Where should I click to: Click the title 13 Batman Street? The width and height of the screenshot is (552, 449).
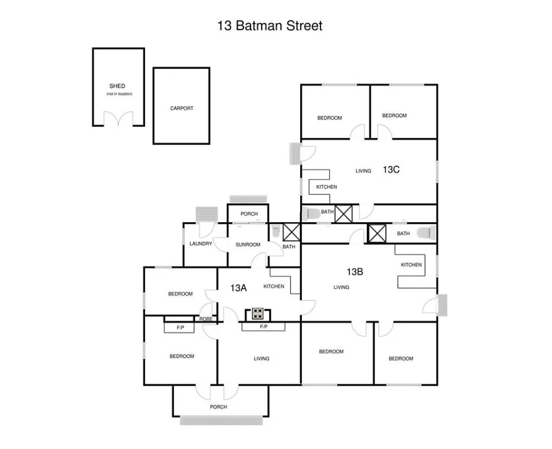pyautogui.click(x=270, y=26)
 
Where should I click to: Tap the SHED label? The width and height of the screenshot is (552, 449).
pyautogui.click(x=117, y=86)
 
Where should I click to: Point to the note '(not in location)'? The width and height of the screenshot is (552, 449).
pyautogui.click(x=119, y=93)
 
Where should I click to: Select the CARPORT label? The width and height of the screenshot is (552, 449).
pyautogui.click(x=182, y=108)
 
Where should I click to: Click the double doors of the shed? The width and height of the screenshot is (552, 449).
pyautogui.click(x=118, y=119)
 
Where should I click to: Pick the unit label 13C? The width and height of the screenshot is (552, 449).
pyautogui.click(x=391, y=170)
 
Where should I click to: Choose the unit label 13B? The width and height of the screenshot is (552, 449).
pyautogui.click(x=355, y=271)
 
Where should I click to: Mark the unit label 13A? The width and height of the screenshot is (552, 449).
pyautogui.click(x=238, y=287)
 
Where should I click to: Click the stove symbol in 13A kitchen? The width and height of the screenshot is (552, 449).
pyautogui.click(x=258, y=314)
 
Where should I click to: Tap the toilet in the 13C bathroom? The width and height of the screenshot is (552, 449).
pyautogui.click(x=312, y=214)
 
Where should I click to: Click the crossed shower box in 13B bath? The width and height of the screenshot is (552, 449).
pyautogui.click(x=377, y=234)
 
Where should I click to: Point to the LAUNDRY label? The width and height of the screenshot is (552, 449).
pyautogui.click(x=201, y=244)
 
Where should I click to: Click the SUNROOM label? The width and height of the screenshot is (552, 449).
pyautogui.click(x=248, y=245)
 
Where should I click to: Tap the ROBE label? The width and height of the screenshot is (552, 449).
pyautogui.click(x=206, y=319)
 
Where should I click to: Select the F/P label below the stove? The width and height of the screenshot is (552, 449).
pyautogui.click(x=264, y=327)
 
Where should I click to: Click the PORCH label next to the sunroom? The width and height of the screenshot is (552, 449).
pyautogui.click(x=249, y=214)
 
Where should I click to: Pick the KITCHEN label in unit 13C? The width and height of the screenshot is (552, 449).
pyautogui.click(x=326, y=187)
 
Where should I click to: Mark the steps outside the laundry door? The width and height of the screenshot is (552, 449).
pyautogui.click(x=206, y=214)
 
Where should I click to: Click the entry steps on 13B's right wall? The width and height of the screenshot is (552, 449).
pyautogui.click(x=442, y=305)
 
